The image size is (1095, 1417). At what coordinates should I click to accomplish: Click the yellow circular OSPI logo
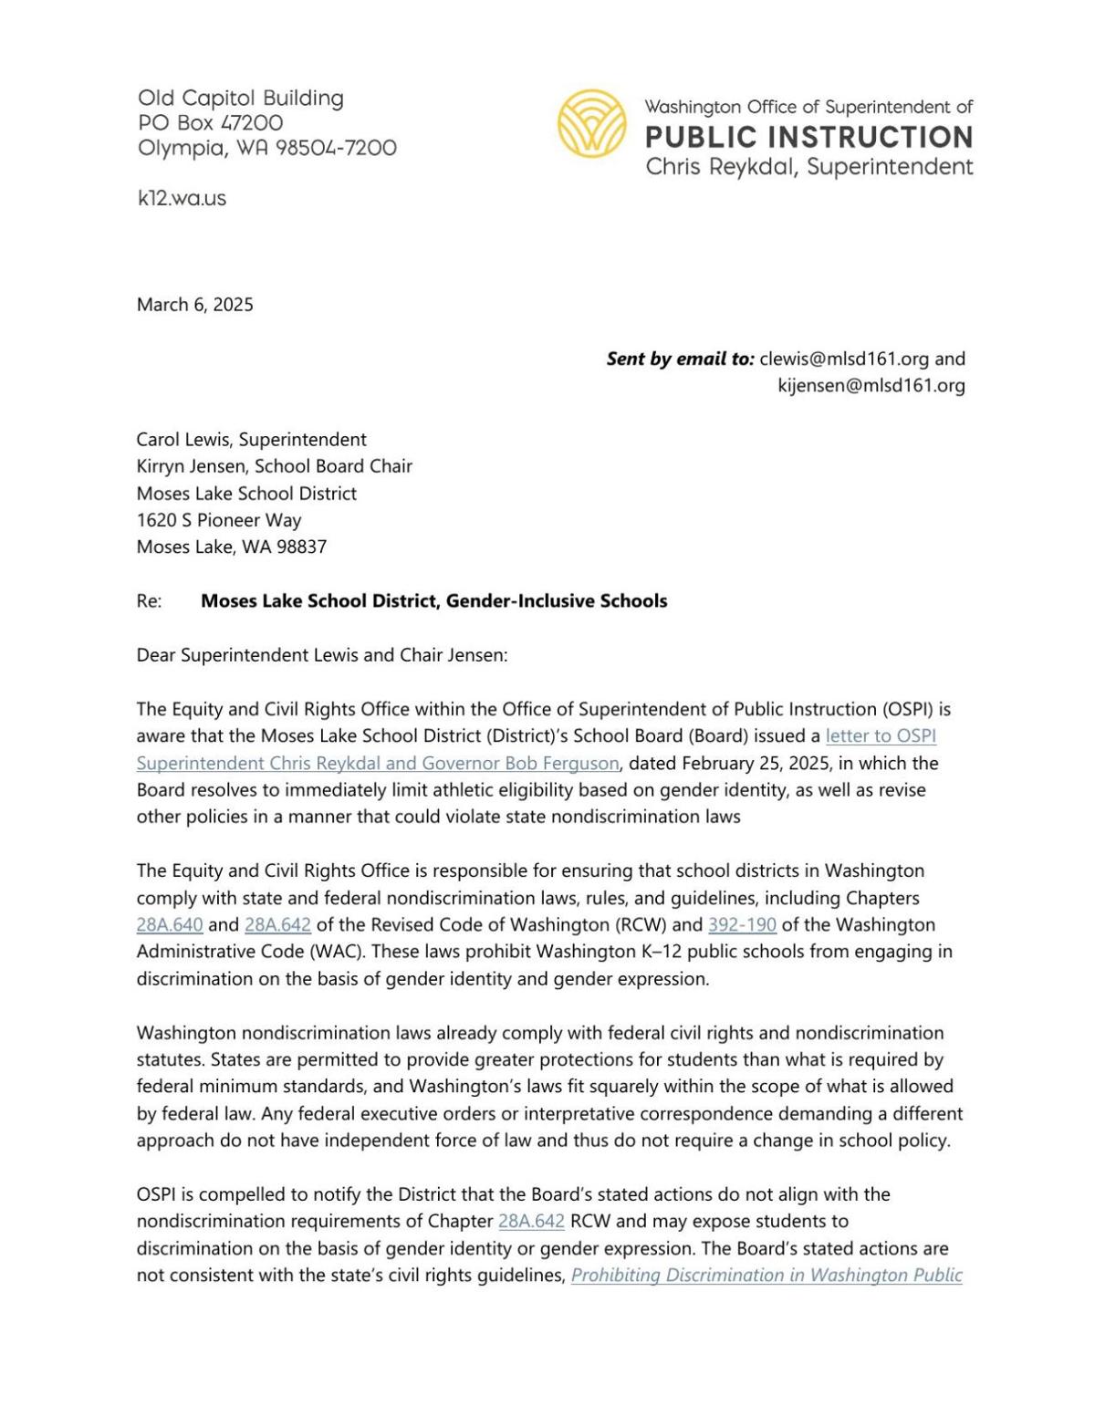592,123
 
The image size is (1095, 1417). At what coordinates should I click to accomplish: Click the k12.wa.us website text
182,198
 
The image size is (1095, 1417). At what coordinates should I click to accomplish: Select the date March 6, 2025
194,305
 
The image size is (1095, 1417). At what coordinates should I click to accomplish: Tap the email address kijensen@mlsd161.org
871,385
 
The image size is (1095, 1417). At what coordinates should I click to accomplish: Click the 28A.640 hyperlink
170,924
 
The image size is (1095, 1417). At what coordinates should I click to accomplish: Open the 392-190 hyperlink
742,924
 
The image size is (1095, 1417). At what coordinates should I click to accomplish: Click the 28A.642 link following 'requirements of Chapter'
531,1221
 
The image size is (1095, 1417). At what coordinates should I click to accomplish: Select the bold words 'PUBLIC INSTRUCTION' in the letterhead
808,138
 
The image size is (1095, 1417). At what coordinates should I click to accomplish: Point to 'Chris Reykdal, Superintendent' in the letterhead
808,167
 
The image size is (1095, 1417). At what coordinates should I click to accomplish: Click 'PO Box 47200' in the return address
210,122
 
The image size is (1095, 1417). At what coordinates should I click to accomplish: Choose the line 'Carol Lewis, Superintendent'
251,439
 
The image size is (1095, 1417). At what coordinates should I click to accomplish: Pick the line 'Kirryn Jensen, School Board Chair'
274,466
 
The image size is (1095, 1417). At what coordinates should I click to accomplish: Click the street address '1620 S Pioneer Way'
218,520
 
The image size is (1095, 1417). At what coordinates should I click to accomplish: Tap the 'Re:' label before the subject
149,601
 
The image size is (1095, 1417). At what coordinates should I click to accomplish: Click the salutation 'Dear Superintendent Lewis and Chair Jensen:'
321,655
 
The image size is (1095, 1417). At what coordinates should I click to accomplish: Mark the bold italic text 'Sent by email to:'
680,359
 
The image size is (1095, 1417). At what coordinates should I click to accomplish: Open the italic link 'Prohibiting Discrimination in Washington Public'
766,1275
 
